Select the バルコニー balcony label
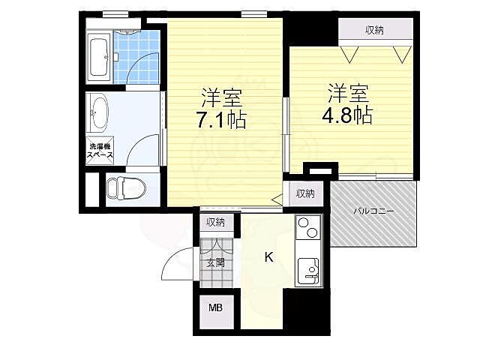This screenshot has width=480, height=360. [374, 211]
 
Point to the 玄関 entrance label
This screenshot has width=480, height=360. [215, 262]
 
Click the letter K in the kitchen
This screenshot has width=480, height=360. [268, 257]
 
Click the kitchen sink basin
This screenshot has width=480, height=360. [308, 271]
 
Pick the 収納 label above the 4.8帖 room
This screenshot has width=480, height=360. [375, 30]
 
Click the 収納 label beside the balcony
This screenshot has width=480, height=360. [304, 193]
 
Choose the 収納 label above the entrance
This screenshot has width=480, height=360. [215, 222]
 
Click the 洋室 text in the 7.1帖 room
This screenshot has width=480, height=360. [222, 96]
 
